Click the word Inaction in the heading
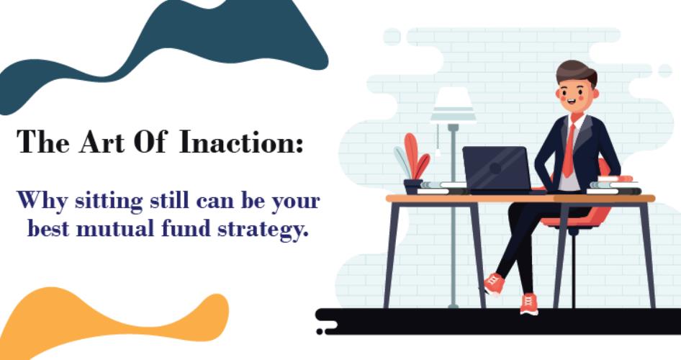(x=241, y=142)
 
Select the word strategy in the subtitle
(x=263, y=229)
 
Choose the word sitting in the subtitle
(x=109, y=202)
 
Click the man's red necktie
(x=568, y=150)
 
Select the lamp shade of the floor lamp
(x=453, y=104)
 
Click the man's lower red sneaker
(x=528, y=304)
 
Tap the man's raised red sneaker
(x=494, y=284)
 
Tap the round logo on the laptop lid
(x=495, y=168)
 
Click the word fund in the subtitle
(x=186, y=228)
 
